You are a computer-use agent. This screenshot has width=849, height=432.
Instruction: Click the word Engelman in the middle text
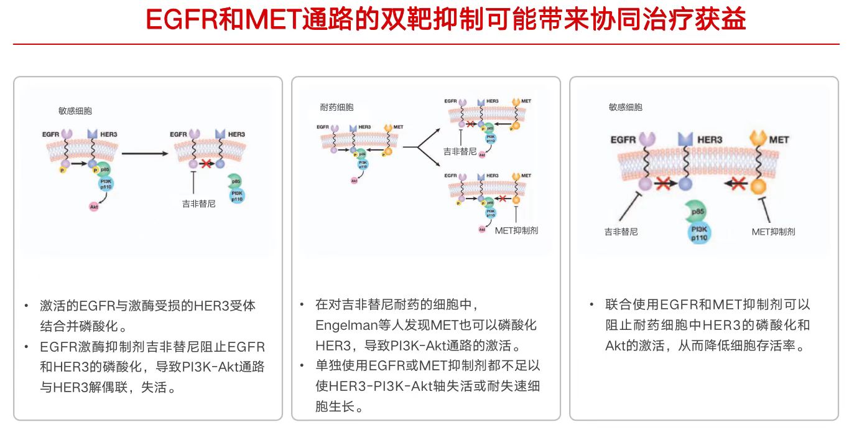point(343,325)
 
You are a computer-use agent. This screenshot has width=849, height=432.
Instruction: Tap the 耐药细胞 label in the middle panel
point(336,107)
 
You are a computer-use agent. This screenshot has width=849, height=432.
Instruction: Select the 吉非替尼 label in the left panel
point(195,203)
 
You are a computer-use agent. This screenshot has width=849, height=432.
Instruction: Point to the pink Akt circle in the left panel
point(94,206)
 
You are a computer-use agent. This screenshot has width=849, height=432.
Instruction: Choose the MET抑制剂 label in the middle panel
point(516,230)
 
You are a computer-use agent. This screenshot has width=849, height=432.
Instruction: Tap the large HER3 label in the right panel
point(709,139)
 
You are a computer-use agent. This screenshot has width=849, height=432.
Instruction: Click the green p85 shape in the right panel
point(697,212)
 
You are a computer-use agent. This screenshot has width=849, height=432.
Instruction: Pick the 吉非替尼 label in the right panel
point(621,232)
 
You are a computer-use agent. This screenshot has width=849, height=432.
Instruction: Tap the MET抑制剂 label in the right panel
point(773,232)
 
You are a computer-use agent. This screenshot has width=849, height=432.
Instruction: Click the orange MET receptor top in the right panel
point(758,138)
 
